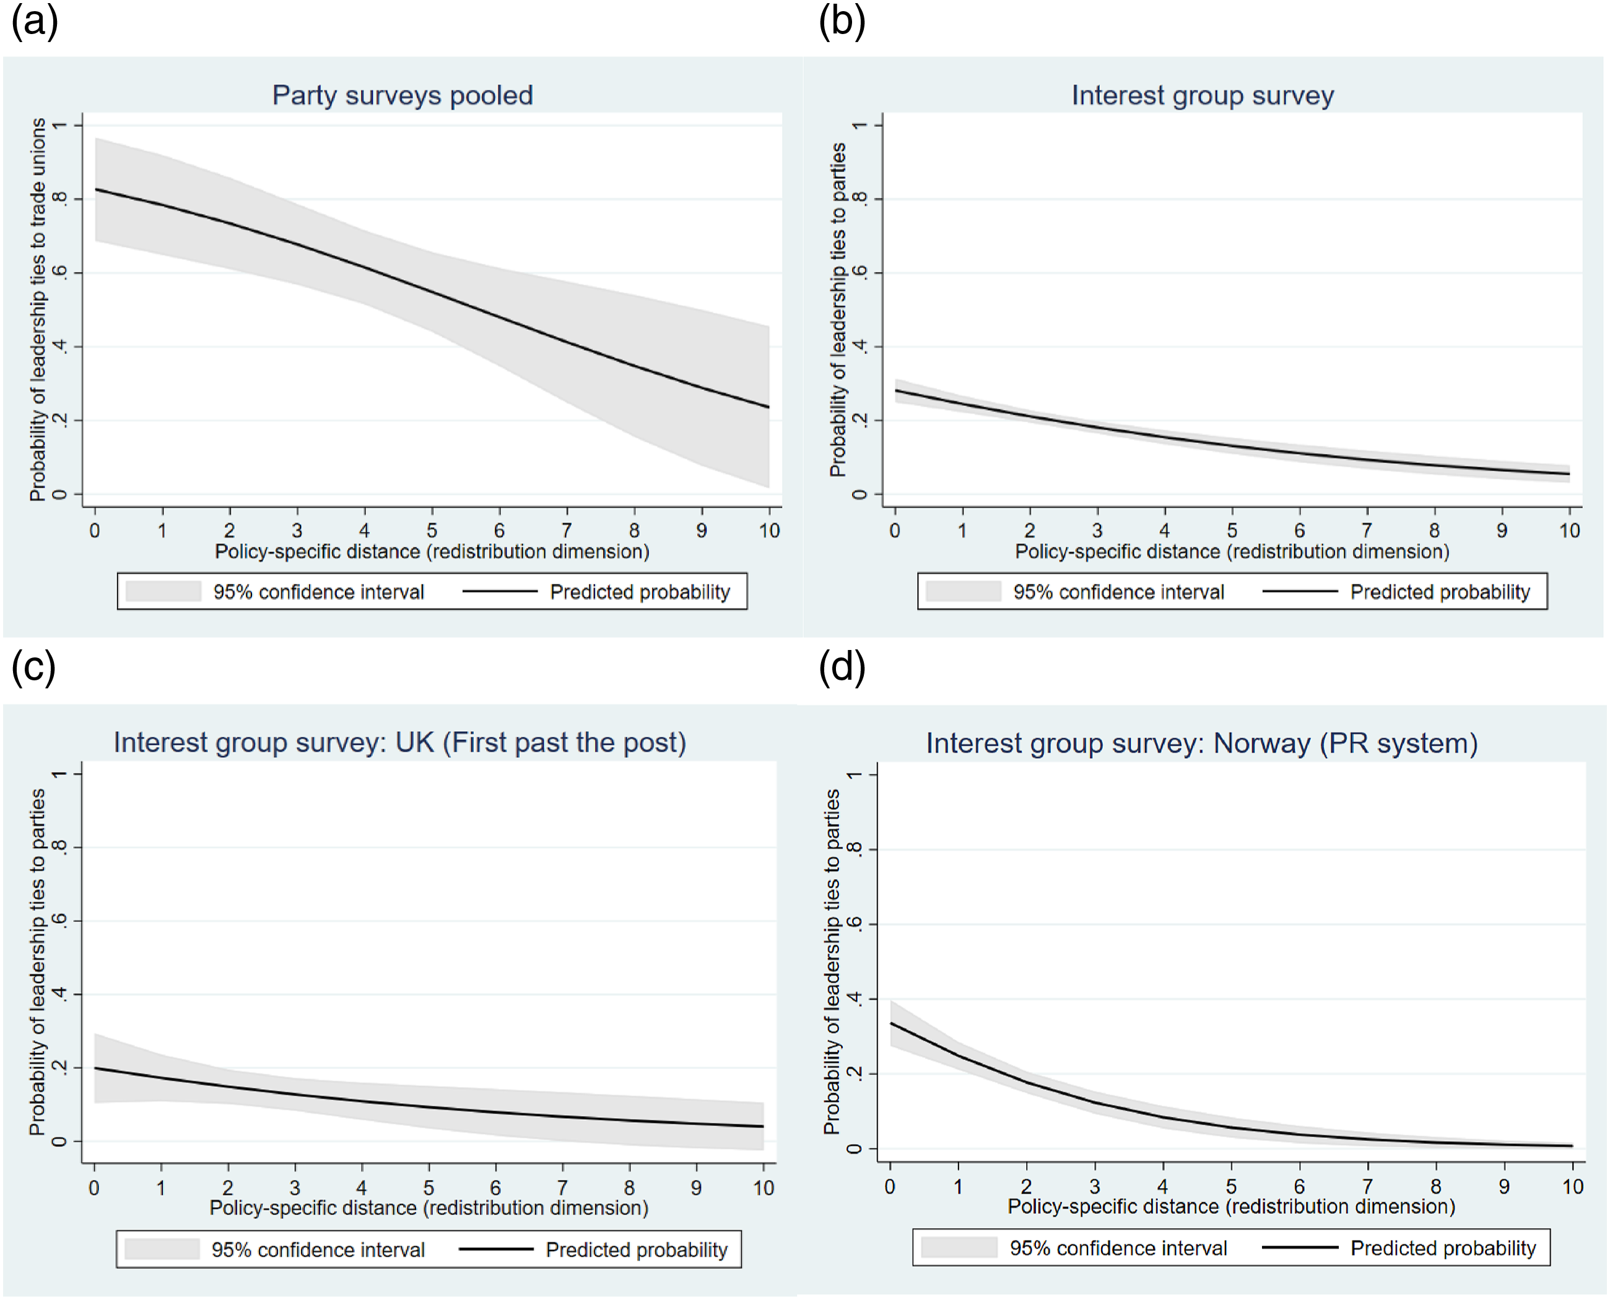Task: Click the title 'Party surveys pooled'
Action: pyautogui.click(x=402, y=96)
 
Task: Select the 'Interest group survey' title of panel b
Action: pyautogui.click(x=1203, y=96)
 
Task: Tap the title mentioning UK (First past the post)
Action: pyautogui.click(x=400, y=742)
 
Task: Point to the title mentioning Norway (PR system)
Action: pyautogui.click(x=1202, y=743)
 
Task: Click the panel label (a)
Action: pyautogui.click(x=35, y=21)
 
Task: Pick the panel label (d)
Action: pyautogui.click(x=842, y=667)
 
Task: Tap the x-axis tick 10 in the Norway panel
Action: pyautogui.click(x=1573, y=1186)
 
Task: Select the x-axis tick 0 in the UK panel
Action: pyautogui.click(x=94, y=1188)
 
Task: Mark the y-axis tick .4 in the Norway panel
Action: pyautogui.click(x=854, y=999)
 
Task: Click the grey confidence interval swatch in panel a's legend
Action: pyautogui.click(x=163, y=592)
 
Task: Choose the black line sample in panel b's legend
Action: pyautogui.click(x=1300, y=592)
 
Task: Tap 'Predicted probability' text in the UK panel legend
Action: pyautogui.click(x=637, y=1250)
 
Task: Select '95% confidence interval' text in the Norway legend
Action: pyautogui.click(x=1118, y=1249)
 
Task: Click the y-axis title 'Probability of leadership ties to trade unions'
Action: pyautogui.click(x=37, y=310)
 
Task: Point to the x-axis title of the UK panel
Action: pyautogui.click(x=429, y=1208)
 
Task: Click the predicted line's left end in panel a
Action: pyautogui.click(x=96, y=189)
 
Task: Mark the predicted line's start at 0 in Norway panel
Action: pyautogui.click(x=891, y=1023)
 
